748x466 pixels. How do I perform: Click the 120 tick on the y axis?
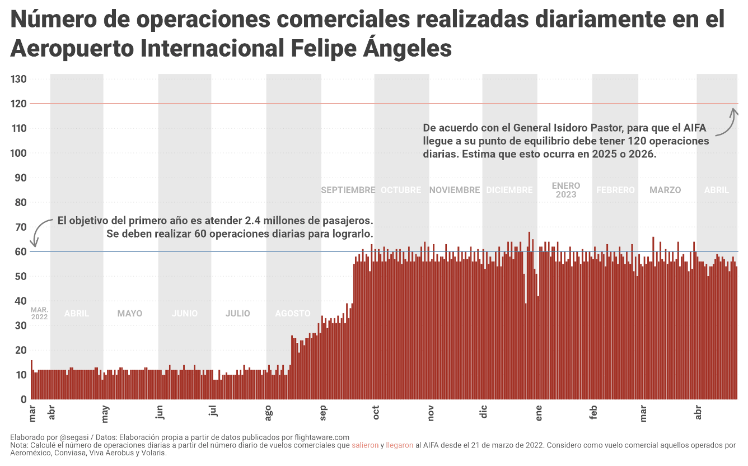point(19,104)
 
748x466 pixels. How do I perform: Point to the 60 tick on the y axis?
point(19,251)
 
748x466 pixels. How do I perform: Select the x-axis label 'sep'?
point(324,412)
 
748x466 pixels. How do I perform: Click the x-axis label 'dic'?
point(484,412)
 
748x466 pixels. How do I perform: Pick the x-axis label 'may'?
point(105,413)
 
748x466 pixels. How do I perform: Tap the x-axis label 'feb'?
point(593,412)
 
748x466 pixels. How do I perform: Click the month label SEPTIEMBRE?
point(348,190)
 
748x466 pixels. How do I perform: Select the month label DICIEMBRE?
point(509,190)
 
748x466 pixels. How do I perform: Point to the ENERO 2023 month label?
point(565,190)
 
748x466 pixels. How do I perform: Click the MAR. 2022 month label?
point(39,313)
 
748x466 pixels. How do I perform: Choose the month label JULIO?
point(237,314)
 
